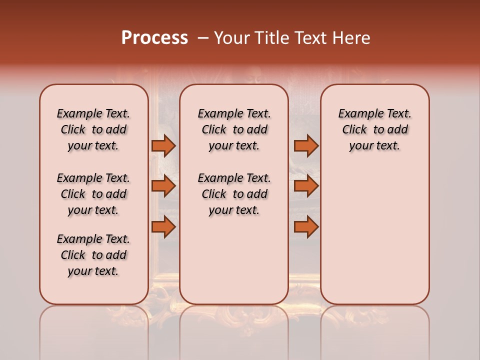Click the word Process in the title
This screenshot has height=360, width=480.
click(154, 38)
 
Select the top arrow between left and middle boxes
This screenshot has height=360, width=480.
click(163, 145)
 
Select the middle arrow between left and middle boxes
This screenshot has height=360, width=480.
click(163, 186)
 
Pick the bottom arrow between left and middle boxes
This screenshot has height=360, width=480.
click(163, 227)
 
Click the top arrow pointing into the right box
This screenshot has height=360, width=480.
click(306, 145)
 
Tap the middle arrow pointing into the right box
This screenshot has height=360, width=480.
click(306, 186)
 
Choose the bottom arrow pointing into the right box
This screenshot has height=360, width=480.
click(306, 227)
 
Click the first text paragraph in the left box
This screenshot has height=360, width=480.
click(93, 129)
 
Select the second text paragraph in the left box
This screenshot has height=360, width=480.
click(93, 194)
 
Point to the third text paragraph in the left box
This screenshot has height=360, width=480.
click(93, 255)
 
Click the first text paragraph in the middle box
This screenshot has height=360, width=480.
click(234, 129)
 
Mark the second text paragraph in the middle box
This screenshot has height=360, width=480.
click(234, 194)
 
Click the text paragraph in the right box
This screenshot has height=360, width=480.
click(375, 129)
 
